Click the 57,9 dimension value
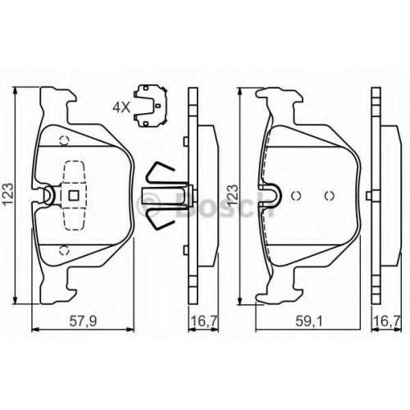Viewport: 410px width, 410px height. click(83, 321)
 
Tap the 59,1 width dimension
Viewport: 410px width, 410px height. click(309, 321)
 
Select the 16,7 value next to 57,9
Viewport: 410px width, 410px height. click(204, 321)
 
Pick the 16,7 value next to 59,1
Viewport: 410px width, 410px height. click(387, 321)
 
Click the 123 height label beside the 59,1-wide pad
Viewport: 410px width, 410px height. click(233, 195)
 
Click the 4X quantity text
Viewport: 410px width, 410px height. click(122, 107)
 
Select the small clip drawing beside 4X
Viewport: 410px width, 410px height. click(150, 106)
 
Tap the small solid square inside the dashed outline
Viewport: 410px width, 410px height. click(74, 195)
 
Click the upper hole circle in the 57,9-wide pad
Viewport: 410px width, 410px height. click(65, 140)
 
